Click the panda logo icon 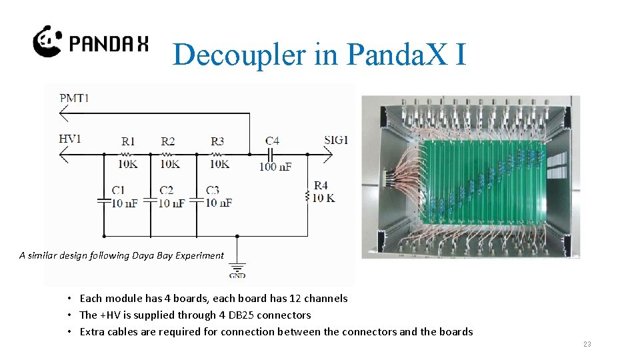pos(47,41)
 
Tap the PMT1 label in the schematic pos(74,99)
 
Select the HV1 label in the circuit pos(70,139)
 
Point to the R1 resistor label pos(129,141)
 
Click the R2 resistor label pos(168,141)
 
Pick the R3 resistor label pos(217,141)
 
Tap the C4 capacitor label pos(272,141)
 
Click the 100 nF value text pos(275,166)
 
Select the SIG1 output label pos(336,140)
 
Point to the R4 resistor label pos(321,185)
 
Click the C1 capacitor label pos(119,190)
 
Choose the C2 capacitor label pos(166,190)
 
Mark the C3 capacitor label pos(213,190)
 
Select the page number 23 pos(587,344)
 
